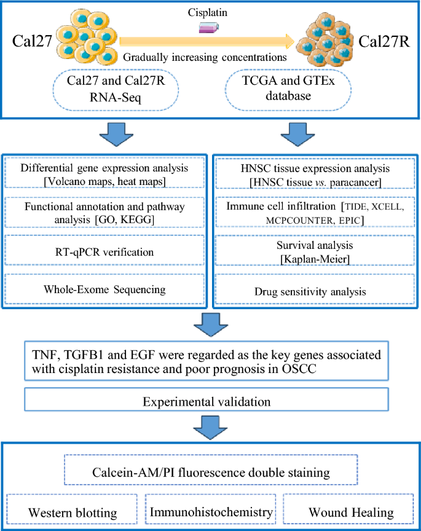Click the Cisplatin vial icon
210,28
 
